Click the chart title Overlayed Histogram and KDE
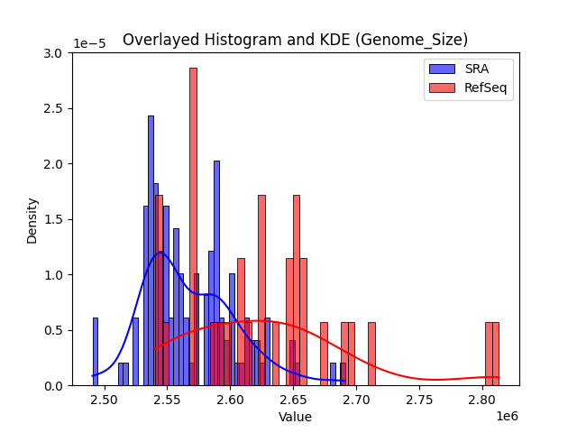click(295, 40)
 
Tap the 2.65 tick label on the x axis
click(294, 400)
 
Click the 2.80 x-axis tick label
click(483, 400)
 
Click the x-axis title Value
click(295, 417)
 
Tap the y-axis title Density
click(32, 219)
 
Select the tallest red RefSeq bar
click(193, 226)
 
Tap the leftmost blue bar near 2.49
click(95, 351)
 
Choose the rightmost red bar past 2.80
click(495, 354)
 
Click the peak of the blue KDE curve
click(160, 253)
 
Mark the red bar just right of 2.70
click(371, 354)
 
